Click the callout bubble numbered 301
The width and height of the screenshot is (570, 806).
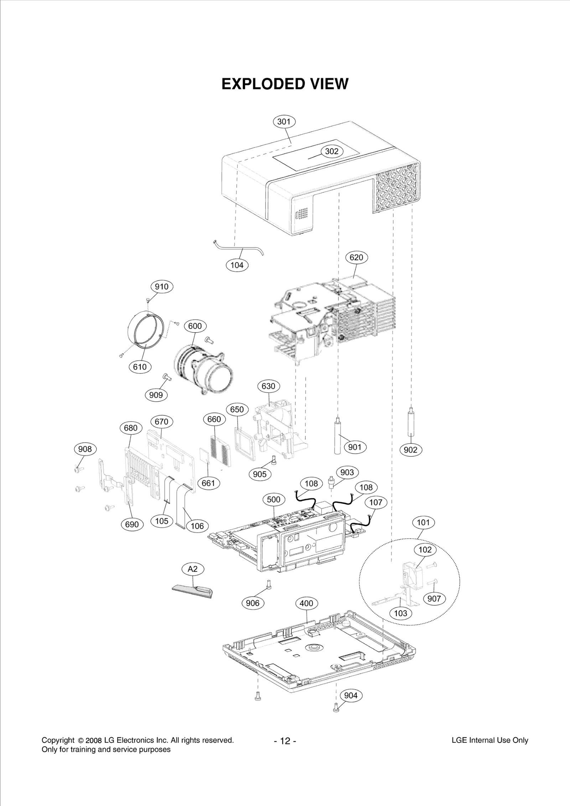point(284,122)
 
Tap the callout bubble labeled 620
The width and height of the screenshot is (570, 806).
point(356,257)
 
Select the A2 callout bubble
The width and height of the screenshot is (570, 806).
point(192,569)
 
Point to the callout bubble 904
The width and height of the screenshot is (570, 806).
point(351,695)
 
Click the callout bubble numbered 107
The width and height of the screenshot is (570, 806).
point(375,502)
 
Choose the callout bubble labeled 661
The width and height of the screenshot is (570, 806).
point(208,483)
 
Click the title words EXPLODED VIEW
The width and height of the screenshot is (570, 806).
point(285,84)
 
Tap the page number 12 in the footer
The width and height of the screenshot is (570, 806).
point(285,742)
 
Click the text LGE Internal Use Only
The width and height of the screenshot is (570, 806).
point(489,740)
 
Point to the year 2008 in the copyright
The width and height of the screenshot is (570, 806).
point(94,741)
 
